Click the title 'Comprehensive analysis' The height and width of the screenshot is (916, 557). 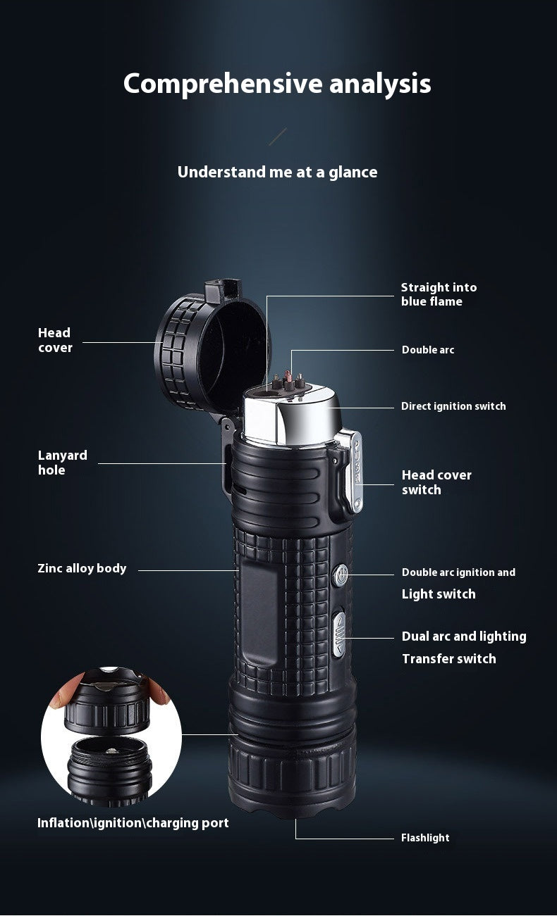click(x=277, y=84)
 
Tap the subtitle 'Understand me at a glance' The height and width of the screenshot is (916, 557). click(x=277, y=172)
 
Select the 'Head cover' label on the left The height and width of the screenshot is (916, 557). click(x=55, y=339)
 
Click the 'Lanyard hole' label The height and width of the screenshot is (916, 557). click(x=63, y=463)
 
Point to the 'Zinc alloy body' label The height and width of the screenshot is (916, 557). click(x=82, y=568)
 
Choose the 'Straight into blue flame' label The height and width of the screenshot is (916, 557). click(x=439, y=294)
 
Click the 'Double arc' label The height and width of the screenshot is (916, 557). click(x=428, y=350)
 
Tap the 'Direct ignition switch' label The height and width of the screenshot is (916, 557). click(x=453, y=406)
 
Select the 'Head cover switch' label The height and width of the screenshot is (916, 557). click(x=436, y=482)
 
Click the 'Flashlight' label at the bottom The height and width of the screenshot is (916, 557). click(x=425, y=838)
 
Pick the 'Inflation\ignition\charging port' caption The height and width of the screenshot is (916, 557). click(x=133, y=822)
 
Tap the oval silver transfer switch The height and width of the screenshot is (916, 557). click(x=338, y=633)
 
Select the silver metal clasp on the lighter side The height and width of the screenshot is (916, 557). click(x=353, y=468)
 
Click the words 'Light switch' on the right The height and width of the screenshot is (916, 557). click(x=439, y=594)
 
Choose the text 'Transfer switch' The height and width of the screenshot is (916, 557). click(x=448, y=659)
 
